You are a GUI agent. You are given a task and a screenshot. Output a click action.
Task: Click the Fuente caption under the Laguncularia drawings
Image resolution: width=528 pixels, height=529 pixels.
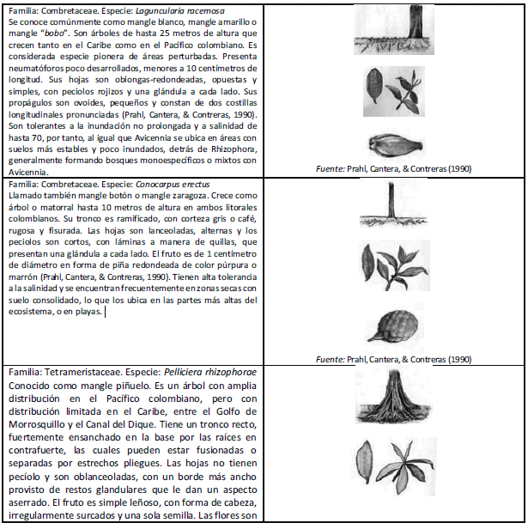[393, 168]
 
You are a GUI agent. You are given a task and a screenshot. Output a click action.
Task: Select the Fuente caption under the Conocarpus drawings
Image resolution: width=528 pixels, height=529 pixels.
[393, 358]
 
